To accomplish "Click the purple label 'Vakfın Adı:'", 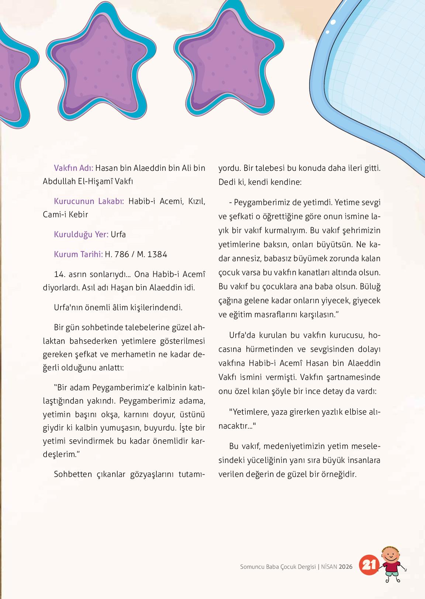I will [73, 168].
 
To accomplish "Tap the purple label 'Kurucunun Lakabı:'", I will [89, 201].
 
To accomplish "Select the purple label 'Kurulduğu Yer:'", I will [81, 235].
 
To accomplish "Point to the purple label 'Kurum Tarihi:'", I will [78, 254].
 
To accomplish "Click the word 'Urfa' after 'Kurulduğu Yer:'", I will [118, 235].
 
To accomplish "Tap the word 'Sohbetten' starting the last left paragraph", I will [72, 474].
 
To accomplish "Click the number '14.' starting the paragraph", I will [59, 274].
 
